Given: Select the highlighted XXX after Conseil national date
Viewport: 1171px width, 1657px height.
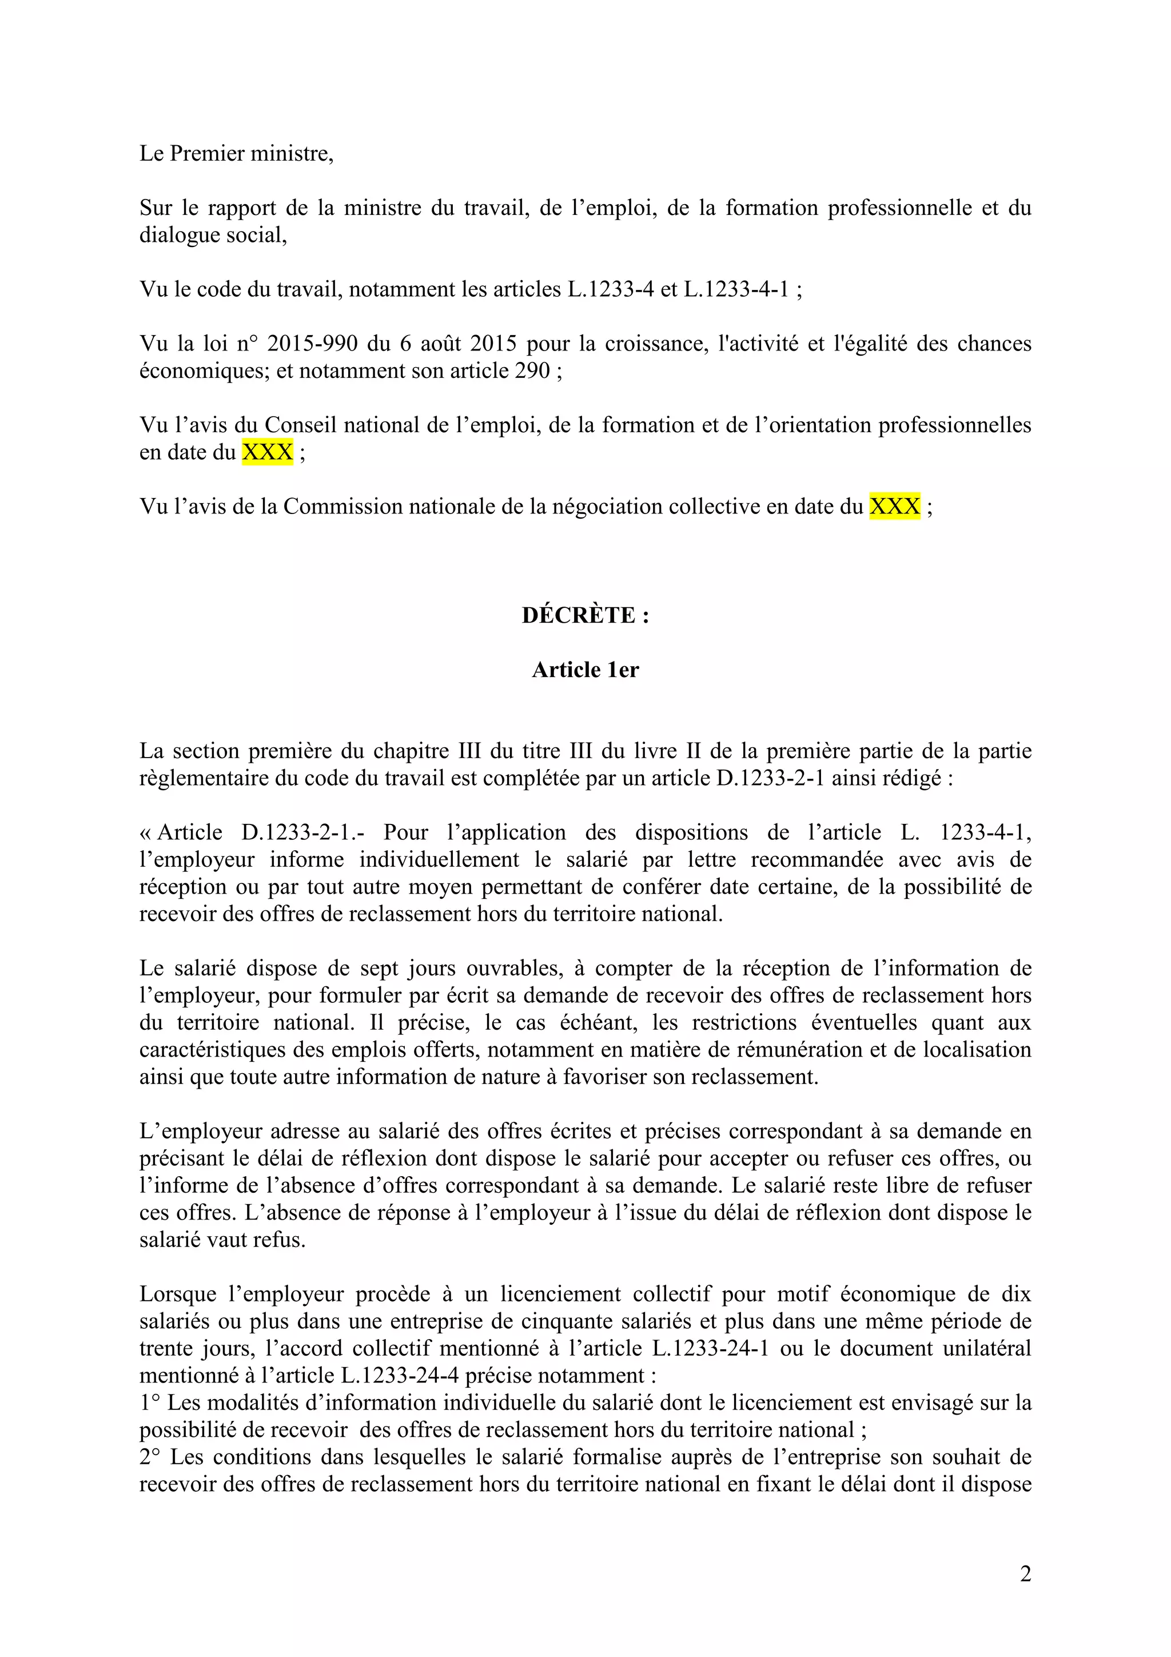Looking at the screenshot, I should tap(267, 452).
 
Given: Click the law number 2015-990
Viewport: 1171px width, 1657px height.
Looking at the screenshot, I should tap(312, 344).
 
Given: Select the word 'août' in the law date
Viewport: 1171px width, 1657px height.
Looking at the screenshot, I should tap(441, 344).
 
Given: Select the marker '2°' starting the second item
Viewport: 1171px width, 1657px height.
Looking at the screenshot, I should tap(149, 1457).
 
